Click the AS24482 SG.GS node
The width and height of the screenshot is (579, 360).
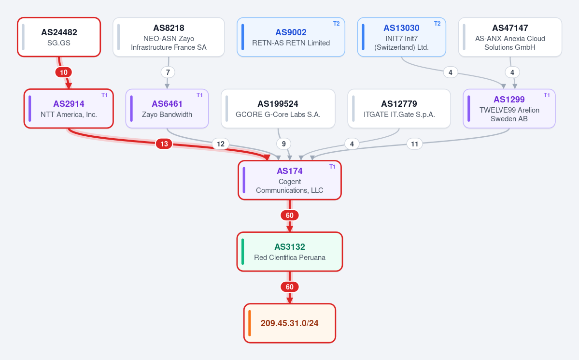(x=59, y=37)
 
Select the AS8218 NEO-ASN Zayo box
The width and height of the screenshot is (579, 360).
(x=169, y=37)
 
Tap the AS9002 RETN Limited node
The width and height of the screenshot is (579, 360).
(x=291, y=37)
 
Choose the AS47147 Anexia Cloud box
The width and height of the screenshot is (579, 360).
(x=510, y=37)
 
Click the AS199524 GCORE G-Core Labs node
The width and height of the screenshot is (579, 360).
(x=278, y=109)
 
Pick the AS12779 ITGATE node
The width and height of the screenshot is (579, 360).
(x=399, y=109)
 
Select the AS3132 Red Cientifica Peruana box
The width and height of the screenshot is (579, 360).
(x=290, y=252)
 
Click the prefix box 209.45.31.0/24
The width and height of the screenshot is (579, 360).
(x=290, y=323)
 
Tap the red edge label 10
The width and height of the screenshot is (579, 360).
(x=64, y=72)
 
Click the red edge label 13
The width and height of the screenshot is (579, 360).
(x=164, y=144)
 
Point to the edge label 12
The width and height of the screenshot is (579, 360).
(x=221, y=144)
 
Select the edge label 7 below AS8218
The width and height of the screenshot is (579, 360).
(x=168, y=72)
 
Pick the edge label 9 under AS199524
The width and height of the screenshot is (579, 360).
(x=283, y=144)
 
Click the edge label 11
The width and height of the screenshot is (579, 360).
(x=415, y=144)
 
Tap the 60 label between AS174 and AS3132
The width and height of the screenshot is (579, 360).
(x=290, y=216)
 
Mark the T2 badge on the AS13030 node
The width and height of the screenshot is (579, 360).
(x=437, y=24)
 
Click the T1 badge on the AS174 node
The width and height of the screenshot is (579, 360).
(x=332, y=167)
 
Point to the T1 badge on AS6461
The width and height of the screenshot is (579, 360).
(x=199, y=95)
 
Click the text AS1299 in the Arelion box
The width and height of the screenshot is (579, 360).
(x=509, y=100)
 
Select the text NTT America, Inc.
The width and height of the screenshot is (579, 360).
(x=69, y=115)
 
